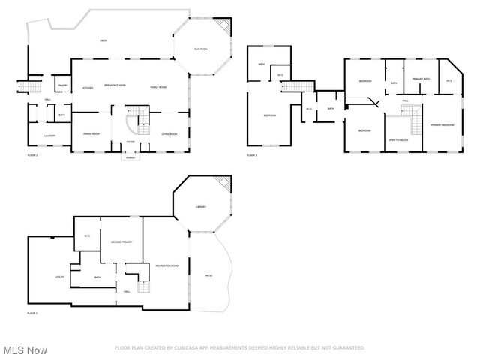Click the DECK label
pos(103,40)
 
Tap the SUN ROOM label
pos(201,49)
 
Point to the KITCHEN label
pos(87,87)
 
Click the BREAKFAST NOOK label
pos(115,85)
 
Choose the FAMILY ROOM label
pos(157,87)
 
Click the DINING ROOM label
pos(91,134)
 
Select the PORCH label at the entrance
pos(130,157)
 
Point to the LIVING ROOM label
pos(169,134)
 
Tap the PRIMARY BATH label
pos(420,79)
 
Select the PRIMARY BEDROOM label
pos(442,124)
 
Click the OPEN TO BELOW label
pos(398,140)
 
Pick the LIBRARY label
pos(201,207)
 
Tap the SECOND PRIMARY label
pos(121,242)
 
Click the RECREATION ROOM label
pos(166,265)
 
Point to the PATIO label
pos(208,275)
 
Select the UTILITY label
pos(60,277)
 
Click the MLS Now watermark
pos(25,350)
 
